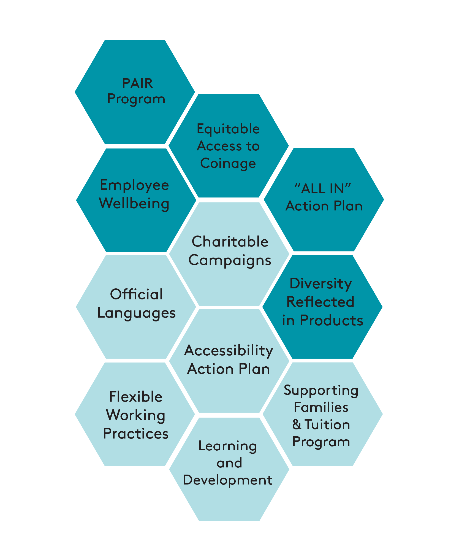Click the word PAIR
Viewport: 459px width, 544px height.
click(137, 83)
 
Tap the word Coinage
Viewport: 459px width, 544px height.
click(228, 163)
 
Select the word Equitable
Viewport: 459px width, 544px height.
click(228, 129)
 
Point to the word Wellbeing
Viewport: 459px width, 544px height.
click(134, 204)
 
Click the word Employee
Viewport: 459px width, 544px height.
click(134, 185)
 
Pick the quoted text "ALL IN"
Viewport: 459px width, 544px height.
click(323, 189)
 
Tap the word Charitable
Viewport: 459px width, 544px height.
click(230, 242)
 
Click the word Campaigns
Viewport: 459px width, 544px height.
click(230, 261)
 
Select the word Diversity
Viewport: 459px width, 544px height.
click(321, 284)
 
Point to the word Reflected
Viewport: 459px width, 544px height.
click(321, 302)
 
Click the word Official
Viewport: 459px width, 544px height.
click(136, 294)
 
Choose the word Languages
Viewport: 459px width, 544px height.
click(137, 313)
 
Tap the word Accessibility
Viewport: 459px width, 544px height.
click(229, 351)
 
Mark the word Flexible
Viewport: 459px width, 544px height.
click(136, 397)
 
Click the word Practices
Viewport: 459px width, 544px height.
click(136, 434)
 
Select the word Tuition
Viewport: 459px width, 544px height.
click(327, 425)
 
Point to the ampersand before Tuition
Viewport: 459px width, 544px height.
click(297, 425)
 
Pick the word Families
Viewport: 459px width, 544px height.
click(321, 407)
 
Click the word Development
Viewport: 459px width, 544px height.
click(228, 480)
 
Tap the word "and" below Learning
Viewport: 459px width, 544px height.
click(229, 463)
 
